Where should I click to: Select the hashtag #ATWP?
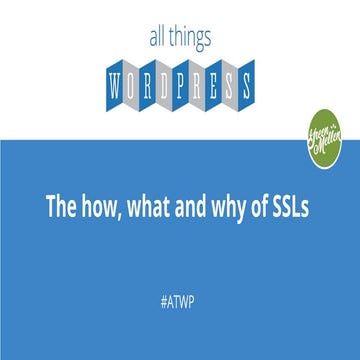coord(180,297)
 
